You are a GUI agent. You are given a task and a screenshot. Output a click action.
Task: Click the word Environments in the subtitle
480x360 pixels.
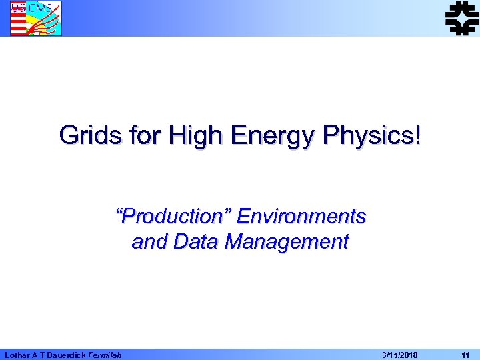(301, 217)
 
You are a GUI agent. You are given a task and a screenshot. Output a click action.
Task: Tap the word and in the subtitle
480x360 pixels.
(150, 241)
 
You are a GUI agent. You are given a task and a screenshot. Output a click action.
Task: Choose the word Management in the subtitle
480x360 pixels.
(287, 242)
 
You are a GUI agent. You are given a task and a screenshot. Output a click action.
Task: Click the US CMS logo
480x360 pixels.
(35, 18)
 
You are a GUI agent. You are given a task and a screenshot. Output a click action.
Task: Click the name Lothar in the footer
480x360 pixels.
(17, 355)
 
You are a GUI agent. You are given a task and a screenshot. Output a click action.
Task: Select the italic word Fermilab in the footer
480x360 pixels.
(105, 355)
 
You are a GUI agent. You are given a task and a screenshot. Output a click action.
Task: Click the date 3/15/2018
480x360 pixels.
(400, 355)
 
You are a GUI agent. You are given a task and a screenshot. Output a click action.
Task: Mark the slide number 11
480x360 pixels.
(465, 355)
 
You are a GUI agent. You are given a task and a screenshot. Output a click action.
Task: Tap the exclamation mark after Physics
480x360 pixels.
(418, 135)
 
